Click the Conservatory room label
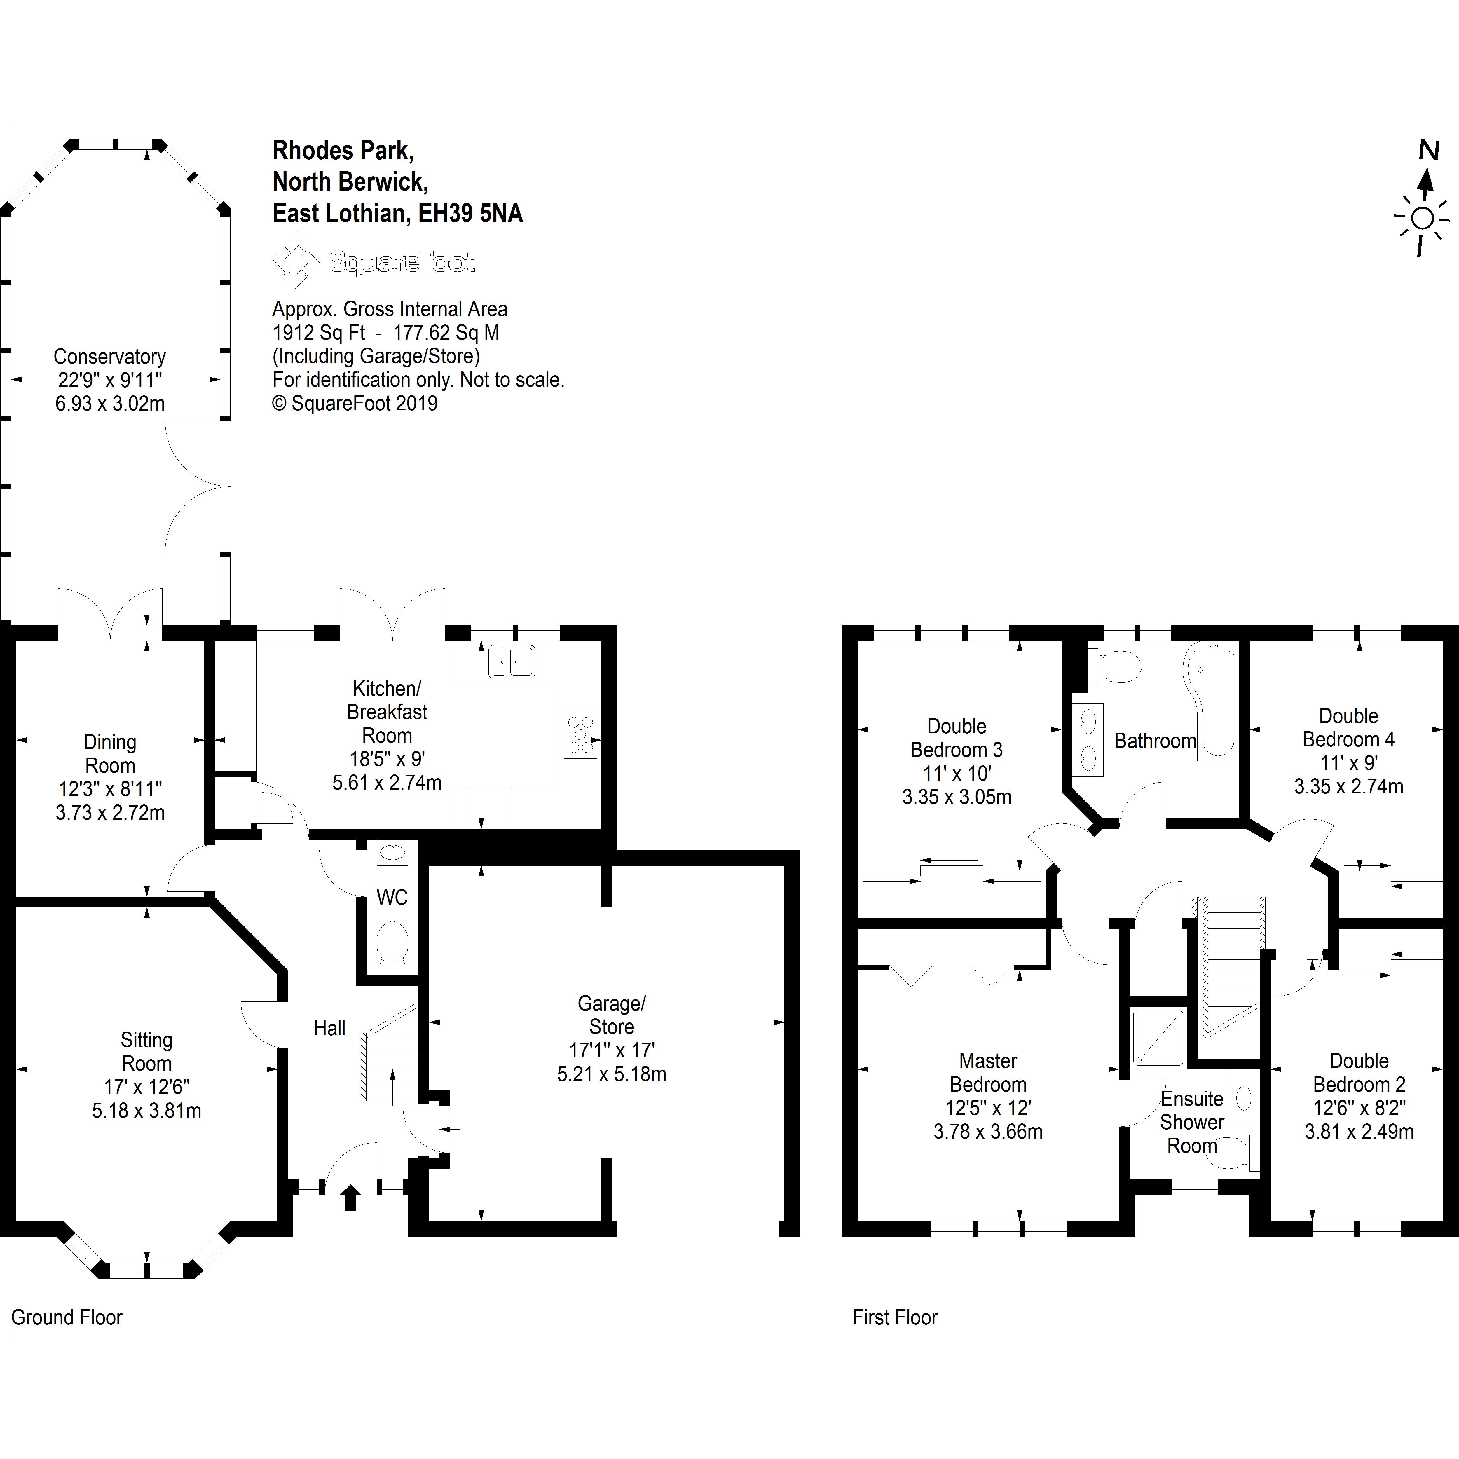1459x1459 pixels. coord(109,357)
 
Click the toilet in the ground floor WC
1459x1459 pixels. coord(392,944)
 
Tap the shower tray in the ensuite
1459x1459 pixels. coord(1157,1038)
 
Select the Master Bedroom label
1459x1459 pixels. coord(988,1072)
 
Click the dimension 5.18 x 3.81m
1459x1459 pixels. coord(146,1111)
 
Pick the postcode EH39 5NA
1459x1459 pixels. coord(470,214)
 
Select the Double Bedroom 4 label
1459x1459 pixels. coord(1349,727)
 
